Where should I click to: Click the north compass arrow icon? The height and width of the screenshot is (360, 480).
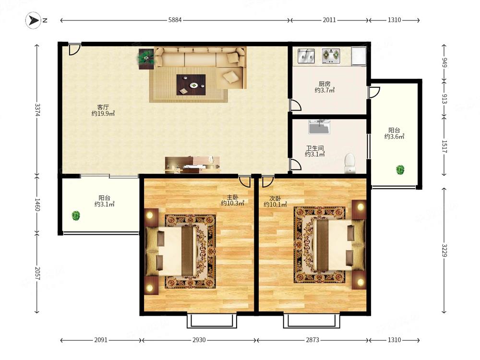coord(33,21)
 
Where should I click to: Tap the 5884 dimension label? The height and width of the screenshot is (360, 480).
coord(175,20)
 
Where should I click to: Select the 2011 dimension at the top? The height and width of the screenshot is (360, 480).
coord(329,20)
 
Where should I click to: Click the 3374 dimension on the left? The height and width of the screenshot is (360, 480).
coord(37,110)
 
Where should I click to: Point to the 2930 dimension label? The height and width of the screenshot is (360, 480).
coord(199,340)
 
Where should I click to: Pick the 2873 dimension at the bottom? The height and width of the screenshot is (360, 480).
coord(312,340)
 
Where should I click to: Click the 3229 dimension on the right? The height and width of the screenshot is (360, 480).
coord(444,251)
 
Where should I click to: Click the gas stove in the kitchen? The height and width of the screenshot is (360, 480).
coord(331,56)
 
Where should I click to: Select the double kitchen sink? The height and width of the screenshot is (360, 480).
coord(306,56)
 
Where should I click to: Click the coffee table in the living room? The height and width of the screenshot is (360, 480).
coord(191,85)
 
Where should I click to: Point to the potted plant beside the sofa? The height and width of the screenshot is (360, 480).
coord(146,59)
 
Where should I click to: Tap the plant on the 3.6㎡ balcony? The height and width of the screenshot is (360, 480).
coord(400,169)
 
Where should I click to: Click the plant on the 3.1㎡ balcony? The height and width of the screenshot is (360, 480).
coord(76,216)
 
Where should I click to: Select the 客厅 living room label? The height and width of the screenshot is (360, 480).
coord(103,107)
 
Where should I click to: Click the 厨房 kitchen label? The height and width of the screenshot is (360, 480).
coord(324,84)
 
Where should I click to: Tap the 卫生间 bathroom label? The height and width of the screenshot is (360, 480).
coord(315,148)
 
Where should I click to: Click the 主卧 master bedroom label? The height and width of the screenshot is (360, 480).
coord(232,197)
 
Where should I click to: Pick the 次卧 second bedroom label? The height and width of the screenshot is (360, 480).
coord(275,198)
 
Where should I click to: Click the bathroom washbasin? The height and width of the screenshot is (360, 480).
coord(319,127)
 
